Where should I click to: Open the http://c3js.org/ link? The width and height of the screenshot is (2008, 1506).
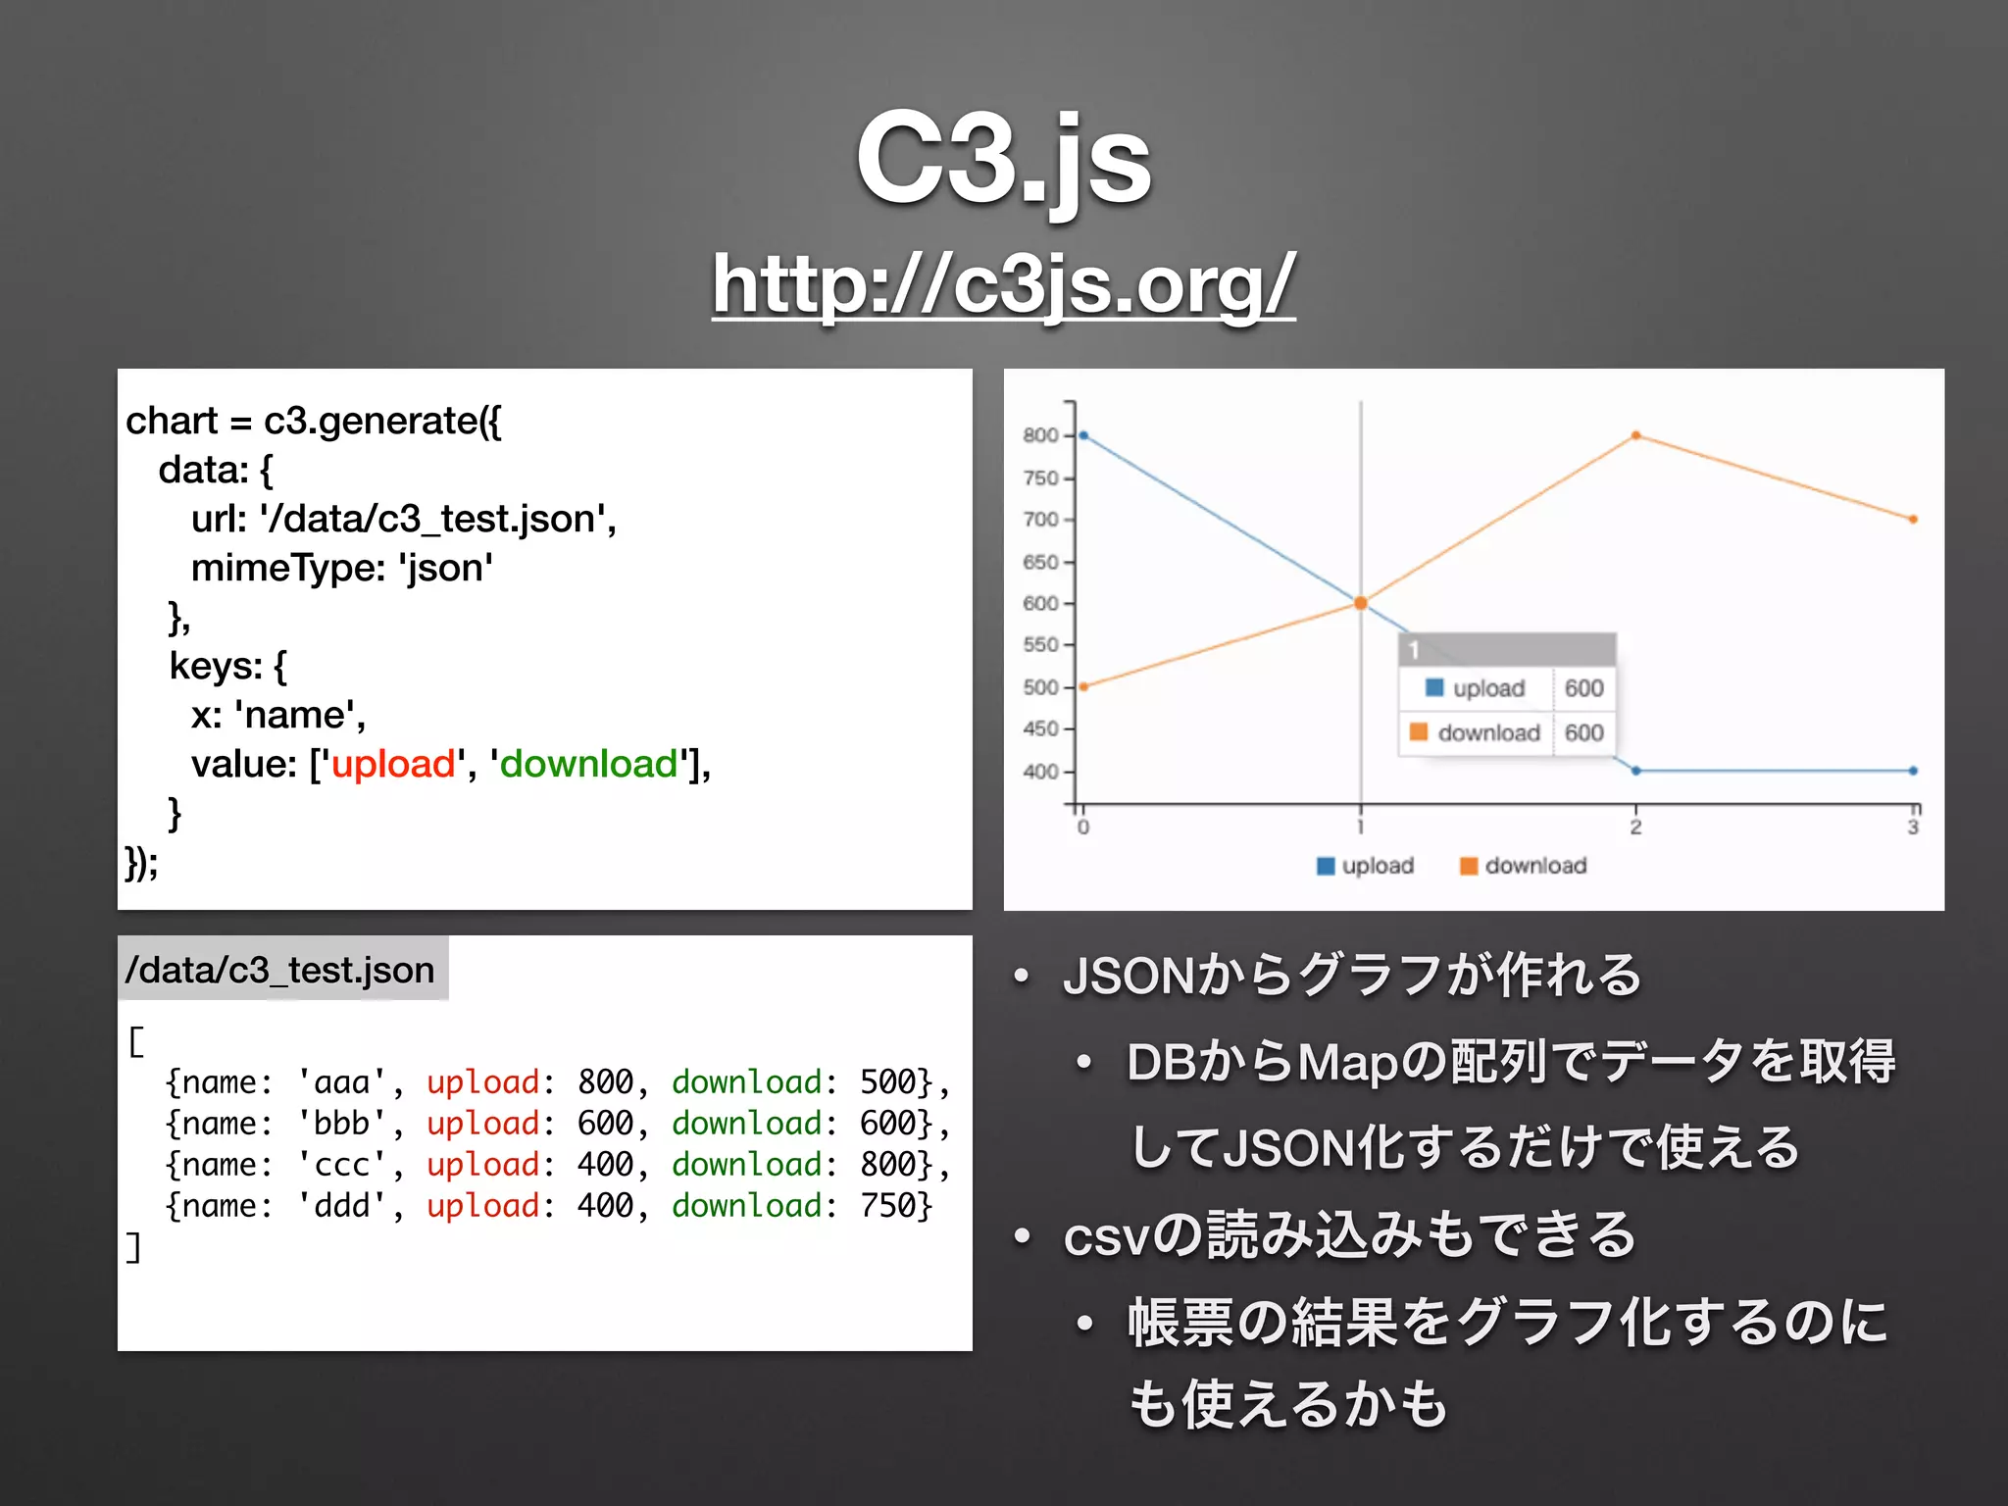[x=1003, y=284]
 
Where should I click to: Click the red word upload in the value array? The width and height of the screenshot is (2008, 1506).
[x=393, y=764]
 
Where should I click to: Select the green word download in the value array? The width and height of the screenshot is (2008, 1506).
[x=588, y=764]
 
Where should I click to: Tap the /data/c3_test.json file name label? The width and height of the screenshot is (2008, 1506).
[x=280, y=970]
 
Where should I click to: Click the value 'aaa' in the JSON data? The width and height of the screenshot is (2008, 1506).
[x=342, y=1082]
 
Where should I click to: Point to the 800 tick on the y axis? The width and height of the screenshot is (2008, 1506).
[x=1040, y=435]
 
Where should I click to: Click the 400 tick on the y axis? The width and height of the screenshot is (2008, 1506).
[x=1040, y=772]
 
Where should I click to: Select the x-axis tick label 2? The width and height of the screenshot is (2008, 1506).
[x=1635, y=828]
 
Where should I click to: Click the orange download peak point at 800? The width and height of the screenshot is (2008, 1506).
[x=1635, y=435]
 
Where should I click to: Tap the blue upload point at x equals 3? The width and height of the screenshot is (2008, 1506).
[x=1913, y=771]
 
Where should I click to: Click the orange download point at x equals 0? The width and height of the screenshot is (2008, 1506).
[x=1083, y=686]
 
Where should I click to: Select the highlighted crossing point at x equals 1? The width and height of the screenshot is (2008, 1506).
[x=1360, y=603]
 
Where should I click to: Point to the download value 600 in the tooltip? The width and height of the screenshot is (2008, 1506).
[x=1583, y=732]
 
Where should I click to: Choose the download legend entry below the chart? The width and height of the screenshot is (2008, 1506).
[x=1524, y=866]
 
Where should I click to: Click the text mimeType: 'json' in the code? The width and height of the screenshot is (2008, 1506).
[x=342, y=568]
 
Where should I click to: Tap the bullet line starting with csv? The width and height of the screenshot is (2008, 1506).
[x=1349, y=1235]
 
